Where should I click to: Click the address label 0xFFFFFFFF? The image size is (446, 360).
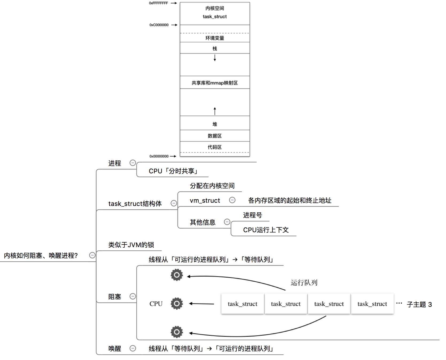(x=158, y=3)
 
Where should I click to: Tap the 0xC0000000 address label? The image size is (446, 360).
(x=159, y=25)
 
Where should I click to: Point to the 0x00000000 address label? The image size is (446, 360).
(x=159, y=156)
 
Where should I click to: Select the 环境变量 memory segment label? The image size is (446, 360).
(x=215, y=38)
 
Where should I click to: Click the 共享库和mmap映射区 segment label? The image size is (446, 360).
(x=215, y=83)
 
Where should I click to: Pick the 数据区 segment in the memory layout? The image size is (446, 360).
(x=215, y=136)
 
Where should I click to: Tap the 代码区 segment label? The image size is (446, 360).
(x=215, y=147)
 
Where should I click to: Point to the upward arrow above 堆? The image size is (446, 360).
(x=215, y=111)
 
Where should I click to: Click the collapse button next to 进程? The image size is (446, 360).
(x=133, y=163)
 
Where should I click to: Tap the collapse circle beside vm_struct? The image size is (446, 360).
(x=232, y=200)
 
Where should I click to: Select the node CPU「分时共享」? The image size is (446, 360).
(x=173, y=171)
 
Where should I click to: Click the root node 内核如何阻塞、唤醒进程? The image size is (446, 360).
(x=41, y=256)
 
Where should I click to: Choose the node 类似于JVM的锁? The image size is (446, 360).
(x=131, y=245)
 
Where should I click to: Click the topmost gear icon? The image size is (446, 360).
(x=177, y=275)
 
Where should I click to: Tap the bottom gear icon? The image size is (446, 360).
(x=177, y=332)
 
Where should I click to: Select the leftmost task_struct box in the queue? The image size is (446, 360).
(x=243, y=304)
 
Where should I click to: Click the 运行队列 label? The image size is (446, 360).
(x=304, y=283)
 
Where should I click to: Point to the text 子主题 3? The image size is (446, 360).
(x=419, y=305)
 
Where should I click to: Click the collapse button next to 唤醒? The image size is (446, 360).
(x=133, y=348)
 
